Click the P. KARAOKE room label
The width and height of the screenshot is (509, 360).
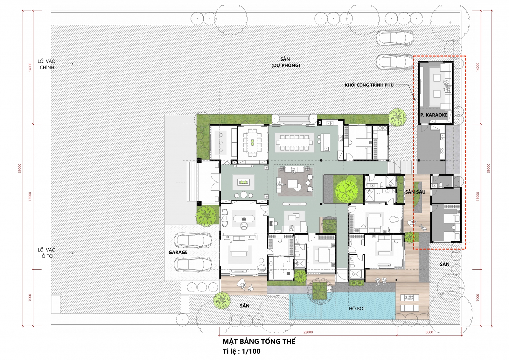[434, 115]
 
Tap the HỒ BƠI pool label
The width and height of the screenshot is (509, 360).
[357, 309]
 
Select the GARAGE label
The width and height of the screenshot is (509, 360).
[178, 252]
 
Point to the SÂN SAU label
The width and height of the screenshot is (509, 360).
[415, 192]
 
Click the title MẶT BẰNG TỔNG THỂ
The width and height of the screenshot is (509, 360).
[259, 341]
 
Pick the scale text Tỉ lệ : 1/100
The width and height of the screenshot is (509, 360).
[241, 351]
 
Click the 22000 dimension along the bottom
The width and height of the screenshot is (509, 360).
[308, 332]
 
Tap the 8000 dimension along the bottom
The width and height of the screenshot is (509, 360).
[429, 332]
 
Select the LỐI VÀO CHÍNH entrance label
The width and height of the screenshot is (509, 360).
[46, 64]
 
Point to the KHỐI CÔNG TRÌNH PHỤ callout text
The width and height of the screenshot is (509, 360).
[369, 85]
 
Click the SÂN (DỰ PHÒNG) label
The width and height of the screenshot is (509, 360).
[286, 62]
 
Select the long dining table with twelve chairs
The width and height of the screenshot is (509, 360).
[295, 143]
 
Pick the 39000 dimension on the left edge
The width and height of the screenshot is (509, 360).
[19, 168]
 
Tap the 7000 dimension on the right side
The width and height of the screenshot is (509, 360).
[478, 298]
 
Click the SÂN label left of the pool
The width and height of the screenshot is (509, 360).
[245, 306]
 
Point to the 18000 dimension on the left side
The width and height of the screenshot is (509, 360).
[30, 196]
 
